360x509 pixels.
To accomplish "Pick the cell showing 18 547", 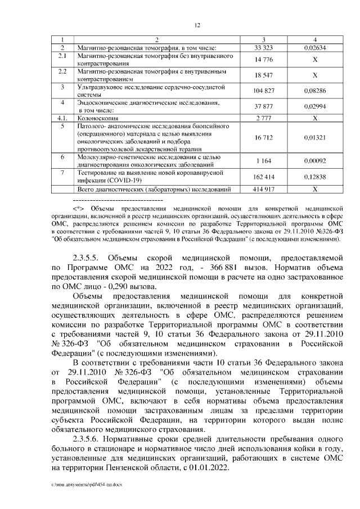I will tap(263, 75).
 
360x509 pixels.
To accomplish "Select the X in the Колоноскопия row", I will tap(314, 119).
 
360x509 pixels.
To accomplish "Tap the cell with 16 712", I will tap(263, 138).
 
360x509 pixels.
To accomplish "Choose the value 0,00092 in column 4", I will tap(314, 161).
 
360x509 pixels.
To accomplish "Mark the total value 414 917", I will tap(263, 190).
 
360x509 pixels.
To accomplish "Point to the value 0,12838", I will tap(314, 177).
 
